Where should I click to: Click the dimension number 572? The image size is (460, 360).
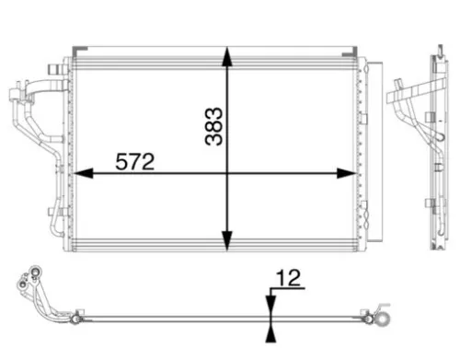pos(135,161)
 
